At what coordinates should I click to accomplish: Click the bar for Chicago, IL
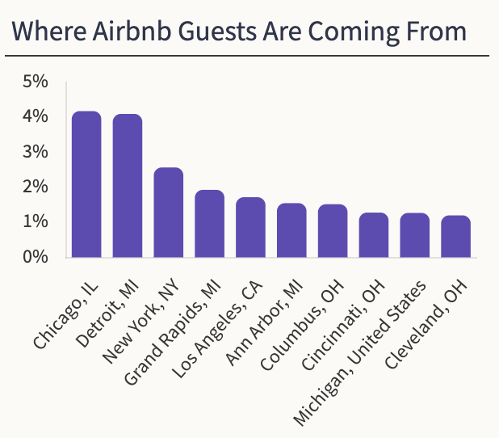click(x=86, y=184)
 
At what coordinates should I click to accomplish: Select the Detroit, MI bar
click(x=128, y=186)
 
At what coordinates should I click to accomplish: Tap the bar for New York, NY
click(x=169, y=213)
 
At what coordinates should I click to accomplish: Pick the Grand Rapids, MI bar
click(x=210, y=224)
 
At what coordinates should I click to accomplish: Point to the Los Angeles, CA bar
click(x=250, y=227)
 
